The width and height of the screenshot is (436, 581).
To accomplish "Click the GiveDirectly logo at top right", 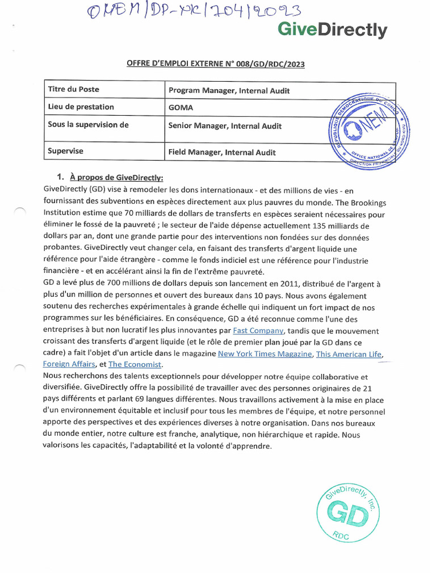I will [x=333, y=30].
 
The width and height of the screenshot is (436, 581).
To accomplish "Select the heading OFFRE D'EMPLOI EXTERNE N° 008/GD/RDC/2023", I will [x=215, y=64].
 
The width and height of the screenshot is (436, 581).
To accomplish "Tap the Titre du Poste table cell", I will [x=74, y=90].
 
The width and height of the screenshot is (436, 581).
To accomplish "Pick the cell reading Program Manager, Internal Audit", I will [x=229, y=90].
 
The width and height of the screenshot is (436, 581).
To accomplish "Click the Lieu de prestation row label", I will [x=81, y=107].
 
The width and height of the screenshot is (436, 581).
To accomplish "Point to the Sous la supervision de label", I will [x=89, y=125].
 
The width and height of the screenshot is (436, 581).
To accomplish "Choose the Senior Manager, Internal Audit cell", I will [x=225, y=126].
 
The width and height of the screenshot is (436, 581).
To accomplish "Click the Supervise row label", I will [x=66, y=151].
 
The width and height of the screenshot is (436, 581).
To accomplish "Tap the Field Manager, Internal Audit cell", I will [x=222, y=152].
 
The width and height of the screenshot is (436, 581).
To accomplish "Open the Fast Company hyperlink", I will [x=258, y=330].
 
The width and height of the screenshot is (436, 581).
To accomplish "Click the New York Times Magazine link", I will [x=265, y=353].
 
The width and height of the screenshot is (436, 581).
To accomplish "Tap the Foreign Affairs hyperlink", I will [x=69, y=364].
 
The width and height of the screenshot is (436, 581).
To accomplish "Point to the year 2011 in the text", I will [x=285, y=284].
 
